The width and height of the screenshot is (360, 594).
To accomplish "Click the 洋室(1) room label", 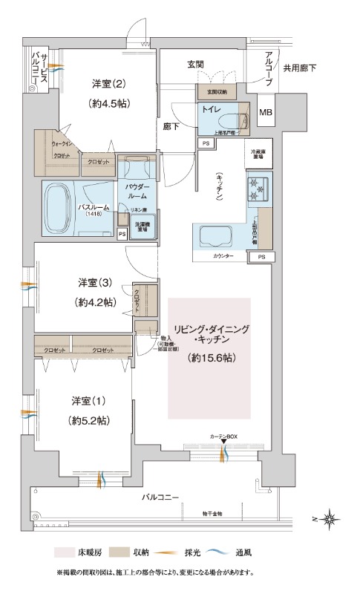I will click(x=88, y=401).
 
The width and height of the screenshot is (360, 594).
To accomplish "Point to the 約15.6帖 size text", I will click(x=210, y=358).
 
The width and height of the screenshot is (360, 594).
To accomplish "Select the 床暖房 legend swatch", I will click(x=62, y=552).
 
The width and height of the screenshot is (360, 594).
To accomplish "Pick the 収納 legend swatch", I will click(x=119, y=552).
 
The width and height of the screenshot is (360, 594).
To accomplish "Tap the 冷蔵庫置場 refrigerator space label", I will click(x=258, y=154).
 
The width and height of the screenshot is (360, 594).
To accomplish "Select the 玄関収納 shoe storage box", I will click(x=217, y=91).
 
